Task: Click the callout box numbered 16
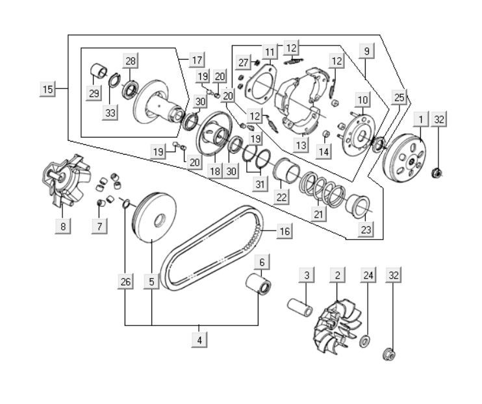pyautogui.click(x=284, y=231)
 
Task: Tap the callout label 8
pyautogui.click(x=62, y=226)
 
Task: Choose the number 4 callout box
pyautogui.click(x=200, y=339)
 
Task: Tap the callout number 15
pyautogui.click(x=47, y=88)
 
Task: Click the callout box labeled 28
pyautogui.click(x=131, y=62)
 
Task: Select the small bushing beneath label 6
pyautogui.click(x=259, y=284)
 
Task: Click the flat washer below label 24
pyautogui.click(x=365, y=341)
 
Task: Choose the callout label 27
pyautogui.click(x=244, y=62)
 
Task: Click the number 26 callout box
pyautogui.click(x=125, y=282)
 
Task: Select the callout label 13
pyautogui.click(x=300, y=145)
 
